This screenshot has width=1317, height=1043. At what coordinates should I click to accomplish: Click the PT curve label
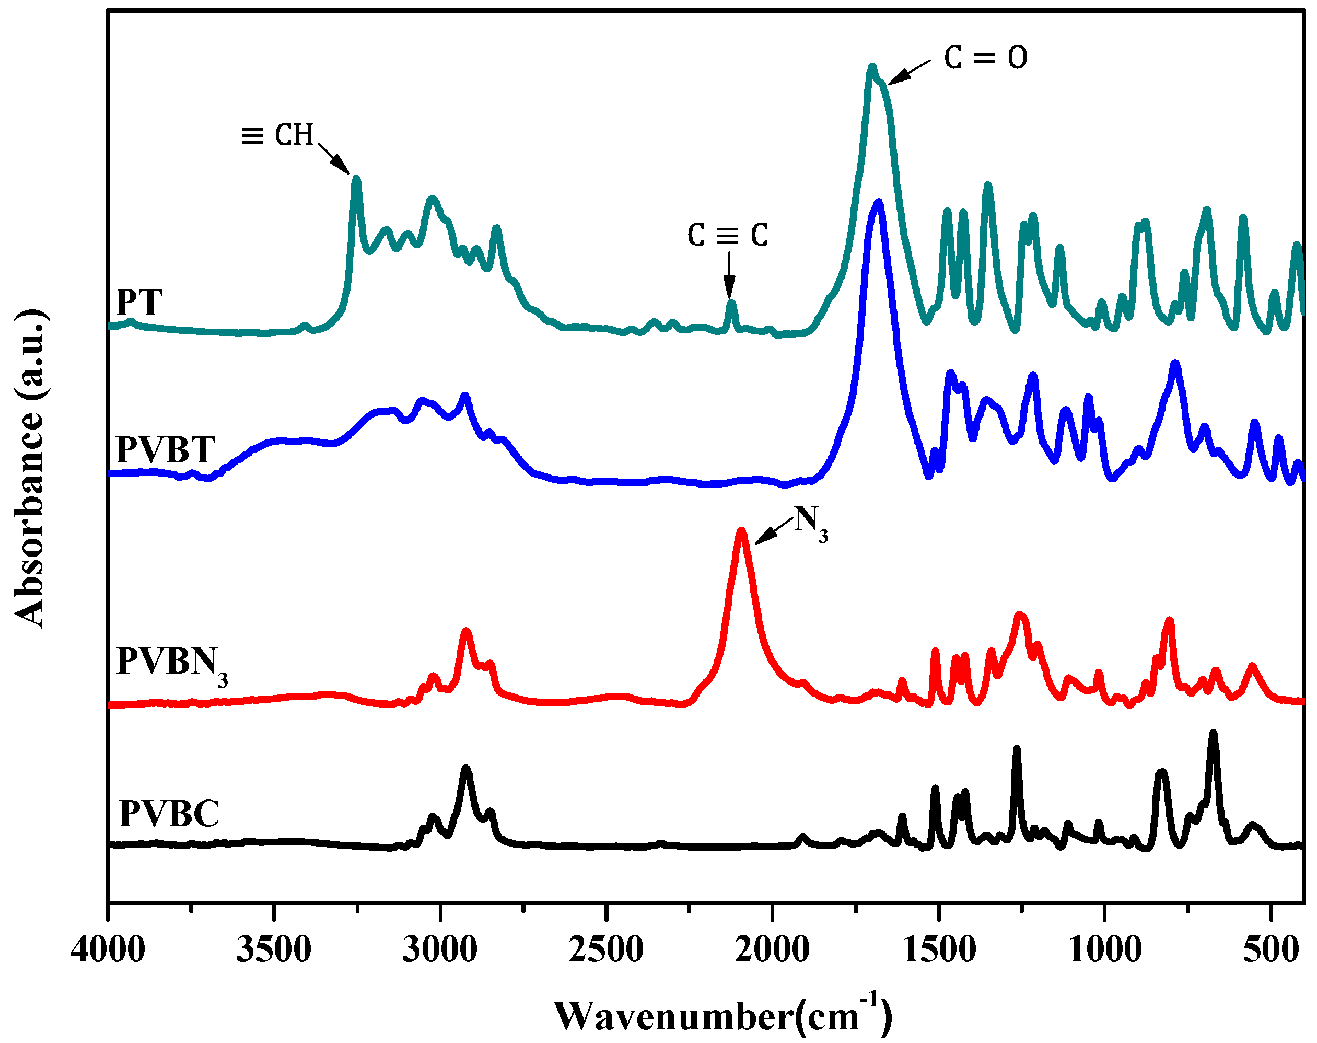[x=139, y=302]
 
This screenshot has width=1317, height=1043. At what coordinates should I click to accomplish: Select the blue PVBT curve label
[x=166, y=450]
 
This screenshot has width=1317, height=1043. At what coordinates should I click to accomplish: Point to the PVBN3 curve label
[x=171, y=664]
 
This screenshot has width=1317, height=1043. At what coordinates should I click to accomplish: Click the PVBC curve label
[x=169, y=814]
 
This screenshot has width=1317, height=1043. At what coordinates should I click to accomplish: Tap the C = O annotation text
[x=985, y=58]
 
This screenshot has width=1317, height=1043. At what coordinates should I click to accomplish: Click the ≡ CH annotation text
[x=278, y=134]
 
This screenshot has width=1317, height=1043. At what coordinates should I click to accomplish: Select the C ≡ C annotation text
[x=727, y=235]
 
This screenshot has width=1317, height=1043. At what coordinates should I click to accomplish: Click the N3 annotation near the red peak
[x=810, y=524]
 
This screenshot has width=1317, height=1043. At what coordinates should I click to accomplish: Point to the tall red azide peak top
[x=741, y=532]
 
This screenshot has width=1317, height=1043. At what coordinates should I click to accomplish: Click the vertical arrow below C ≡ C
[x=729, y=275]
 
